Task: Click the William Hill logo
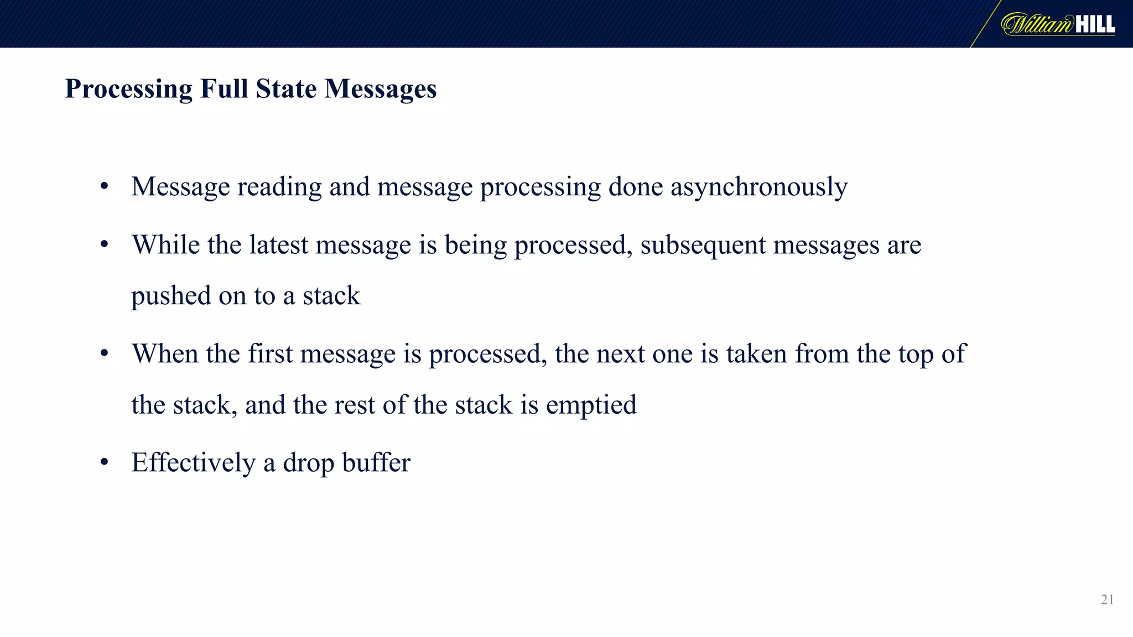(1058, 24)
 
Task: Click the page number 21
(1107, 599)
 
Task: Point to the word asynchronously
(759, 187)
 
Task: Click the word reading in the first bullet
(279, 187)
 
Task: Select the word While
(165, 244)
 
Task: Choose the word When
(165, 353)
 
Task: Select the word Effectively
(193, 463)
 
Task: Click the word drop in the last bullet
(308, 463)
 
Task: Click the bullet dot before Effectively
(104, 462)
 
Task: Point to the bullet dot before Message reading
(104, 187)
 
